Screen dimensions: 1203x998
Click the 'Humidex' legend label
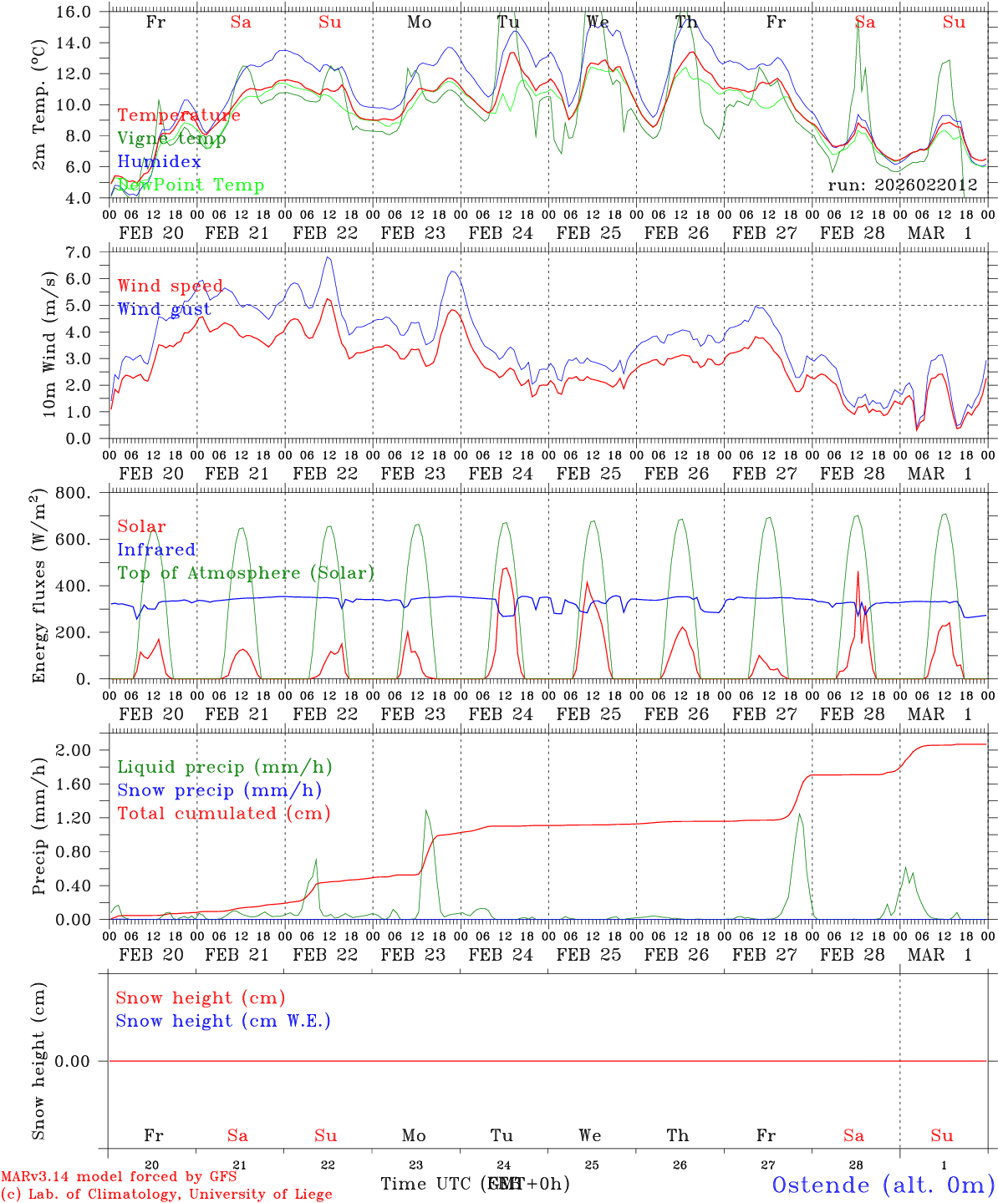159,161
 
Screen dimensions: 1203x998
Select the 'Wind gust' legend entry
164,309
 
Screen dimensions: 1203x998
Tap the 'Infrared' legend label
156,550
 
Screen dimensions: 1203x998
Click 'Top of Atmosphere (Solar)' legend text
246,573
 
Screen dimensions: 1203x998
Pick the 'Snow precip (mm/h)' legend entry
219,790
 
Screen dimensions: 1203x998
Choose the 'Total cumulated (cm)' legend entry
223,813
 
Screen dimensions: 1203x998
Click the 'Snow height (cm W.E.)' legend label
223,1021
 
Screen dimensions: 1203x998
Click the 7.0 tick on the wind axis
84,252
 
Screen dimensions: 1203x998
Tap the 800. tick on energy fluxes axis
74,493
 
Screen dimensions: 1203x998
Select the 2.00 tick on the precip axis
79,750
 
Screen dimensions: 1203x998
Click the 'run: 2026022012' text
903,185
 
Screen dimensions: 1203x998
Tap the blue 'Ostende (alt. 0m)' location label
883,1185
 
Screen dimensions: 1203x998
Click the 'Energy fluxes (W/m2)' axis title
38,587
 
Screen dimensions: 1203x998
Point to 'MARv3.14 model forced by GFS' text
119,1177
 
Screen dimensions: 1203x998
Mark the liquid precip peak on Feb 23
426,810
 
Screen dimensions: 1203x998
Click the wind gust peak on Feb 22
328,257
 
